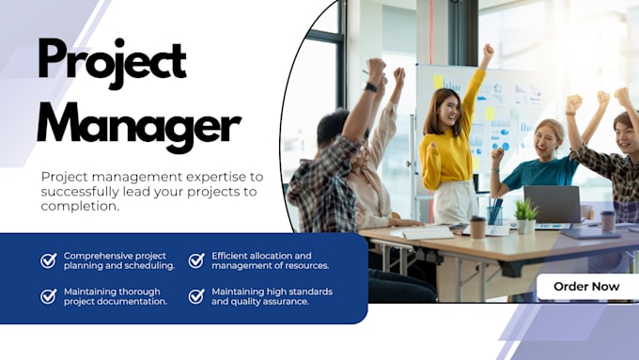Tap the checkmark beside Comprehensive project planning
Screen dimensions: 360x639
49,260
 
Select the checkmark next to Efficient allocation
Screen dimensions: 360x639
196,260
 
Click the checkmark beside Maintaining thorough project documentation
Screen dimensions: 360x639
49,296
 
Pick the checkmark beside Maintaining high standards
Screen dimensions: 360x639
196,296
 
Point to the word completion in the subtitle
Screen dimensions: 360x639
79,207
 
